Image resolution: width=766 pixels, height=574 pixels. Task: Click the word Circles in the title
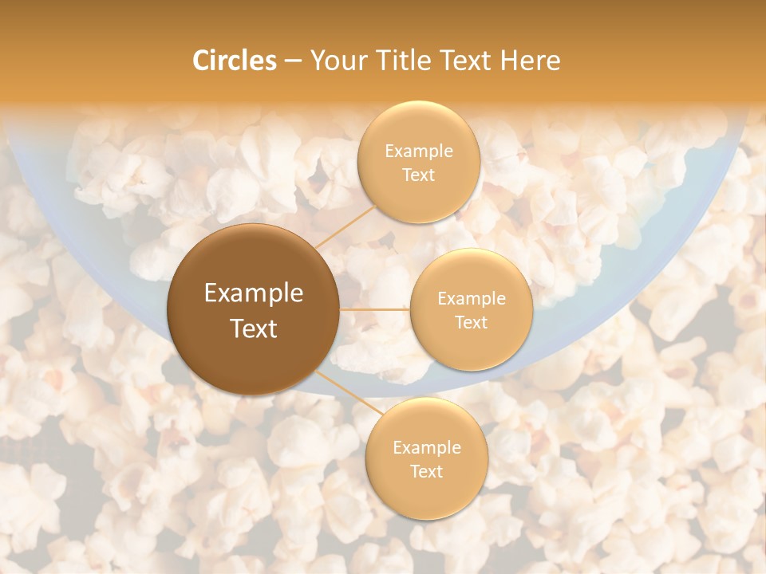[x=234, y=61]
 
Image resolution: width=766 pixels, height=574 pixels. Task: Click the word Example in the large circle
[x=254, y=293]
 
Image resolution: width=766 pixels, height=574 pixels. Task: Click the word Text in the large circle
[x=254, y=328]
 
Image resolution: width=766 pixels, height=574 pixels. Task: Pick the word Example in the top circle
[x=419, y=151]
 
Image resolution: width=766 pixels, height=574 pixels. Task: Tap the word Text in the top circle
[x=419, y=175]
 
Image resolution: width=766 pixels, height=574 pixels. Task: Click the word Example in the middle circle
[x=472, y=298]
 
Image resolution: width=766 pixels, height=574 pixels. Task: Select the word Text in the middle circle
[x=472, y=322]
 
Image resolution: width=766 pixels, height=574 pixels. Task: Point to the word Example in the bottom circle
[x=427, y=447]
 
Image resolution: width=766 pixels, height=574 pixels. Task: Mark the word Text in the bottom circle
[x=427, y=471]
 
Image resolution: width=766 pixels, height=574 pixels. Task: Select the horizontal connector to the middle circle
[x=375, y=309]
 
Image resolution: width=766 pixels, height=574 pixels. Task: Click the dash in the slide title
[x=293, y=61]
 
